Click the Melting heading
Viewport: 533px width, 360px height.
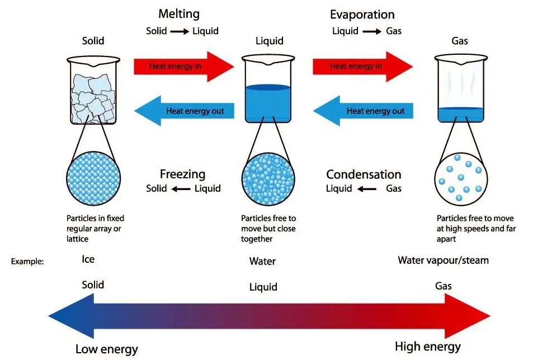tap(178, 14)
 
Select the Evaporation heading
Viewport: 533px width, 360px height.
tap(362, 15)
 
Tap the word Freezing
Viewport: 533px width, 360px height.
tap(182, 174)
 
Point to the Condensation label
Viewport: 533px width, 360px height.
tap(364, 174)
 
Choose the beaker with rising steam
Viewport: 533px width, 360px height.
tap(460, 89)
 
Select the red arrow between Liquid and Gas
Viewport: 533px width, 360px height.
tap(362, 66)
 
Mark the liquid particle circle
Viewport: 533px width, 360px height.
tap(268, 179)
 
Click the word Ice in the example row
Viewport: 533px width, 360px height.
tap(88, 259)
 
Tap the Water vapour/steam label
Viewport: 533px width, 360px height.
tap(443, 260)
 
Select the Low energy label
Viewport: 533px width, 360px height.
tap(106, 350)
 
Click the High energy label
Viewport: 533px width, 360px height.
tap(428, 347)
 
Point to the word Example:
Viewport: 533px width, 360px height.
tap(27, 261)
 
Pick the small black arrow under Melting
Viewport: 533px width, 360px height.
tap(180, 31)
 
